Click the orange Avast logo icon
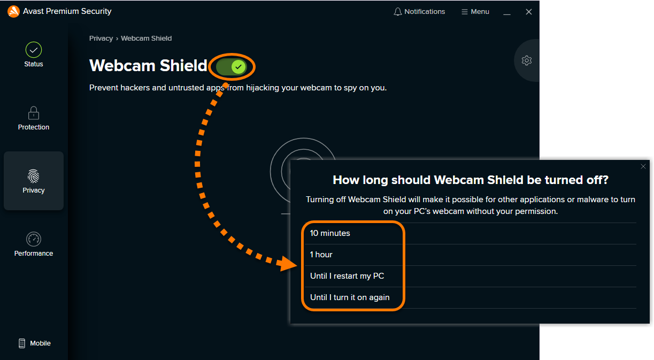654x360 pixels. [13, 11]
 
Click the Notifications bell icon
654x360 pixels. [397, 12]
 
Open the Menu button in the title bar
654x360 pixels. [475, 12]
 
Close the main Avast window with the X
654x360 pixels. [529, 12]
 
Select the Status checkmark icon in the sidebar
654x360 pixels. [34, 50]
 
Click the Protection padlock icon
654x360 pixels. [34, 113]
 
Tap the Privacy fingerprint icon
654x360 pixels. [34, 176]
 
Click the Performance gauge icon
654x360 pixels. [34, 239]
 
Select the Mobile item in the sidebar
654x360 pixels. [34, 343]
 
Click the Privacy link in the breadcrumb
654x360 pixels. [101, 39]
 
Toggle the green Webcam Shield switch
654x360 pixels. [232, 67]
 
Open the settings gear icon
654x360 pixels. [527, 60]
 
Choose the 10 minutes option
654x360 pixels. [330, 233]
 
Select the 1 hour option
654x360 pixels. [321, 255]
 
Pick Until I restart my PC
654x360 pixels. [347, 276]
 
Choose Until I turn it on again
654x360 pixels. [350, 297]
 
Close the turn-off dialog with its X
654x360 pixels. [643, 166]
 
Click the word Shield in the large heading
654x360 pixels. [183, 65]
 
